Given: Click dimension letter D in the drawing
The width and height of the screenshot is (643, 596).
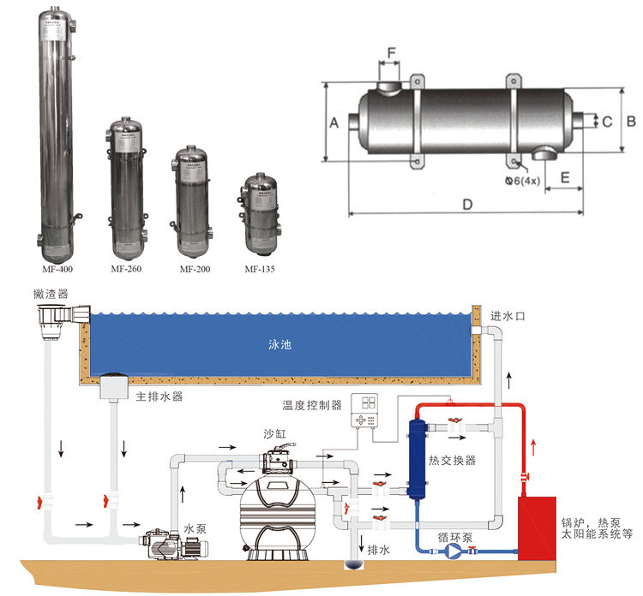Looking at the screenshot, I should [467, 206].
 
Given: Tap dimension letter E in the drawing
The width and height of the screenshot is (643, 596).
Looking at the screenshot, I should [565, 176].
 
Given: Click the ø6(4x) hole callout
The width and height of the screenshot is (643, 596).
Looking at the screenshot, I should [526, 181].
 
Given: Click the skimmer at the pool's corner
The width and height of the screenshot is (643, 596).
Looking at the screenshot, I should [58, 320].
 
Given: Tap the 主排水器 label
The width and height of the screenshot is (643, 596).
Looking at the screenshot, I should [158, 396].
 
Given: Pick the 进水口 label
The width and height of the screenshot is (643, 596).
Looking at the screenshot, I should [513, 316].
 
